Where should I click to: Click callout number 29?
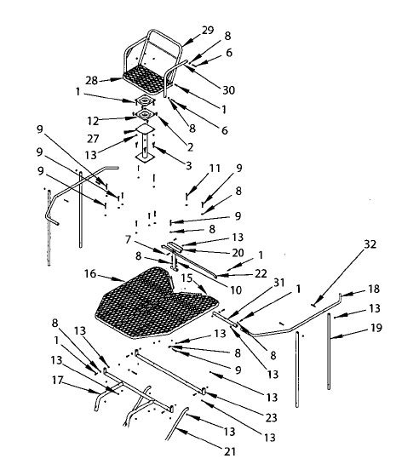(209, 30)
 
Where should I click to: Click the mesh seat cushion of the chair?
(146, 77)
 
